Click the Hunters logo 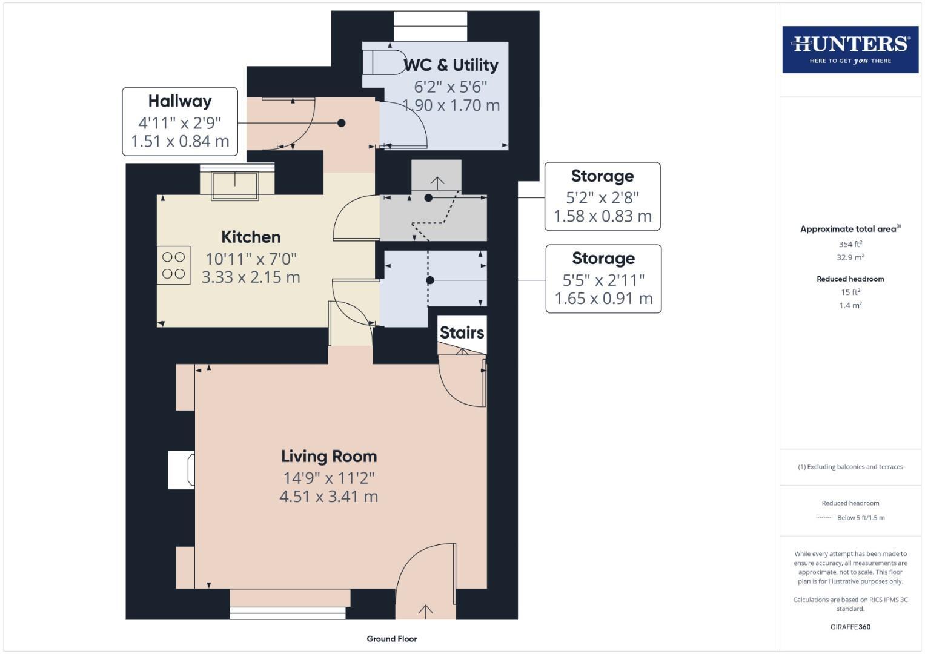point(850,49)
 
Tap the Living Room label point(329,456)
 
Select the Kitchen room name point(251,237)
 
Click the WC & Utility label point(451,65)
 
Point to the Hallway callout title point(180,101)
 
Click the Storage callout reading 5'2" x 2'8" point(602,196)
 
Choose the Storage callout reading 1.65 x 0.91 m point(603,279)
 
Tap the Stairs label point(462,332)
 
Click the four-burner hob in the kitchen point(174,265)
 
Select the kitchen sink point(234,184)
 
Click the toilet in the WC point(384,62)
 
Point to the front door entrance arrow point(426,611)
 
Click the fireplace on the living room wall point(181,470)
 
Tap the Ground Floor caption point(391,638)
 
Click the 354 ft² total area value point(850,244)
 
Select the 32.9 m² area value point(850,257)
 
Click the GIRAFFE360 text point(850,627)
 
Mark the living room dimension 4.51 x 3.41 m point(329,497)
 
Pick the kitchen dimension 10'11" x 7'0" point(251,259)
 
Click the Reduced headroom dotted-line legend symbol point(824,518)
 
